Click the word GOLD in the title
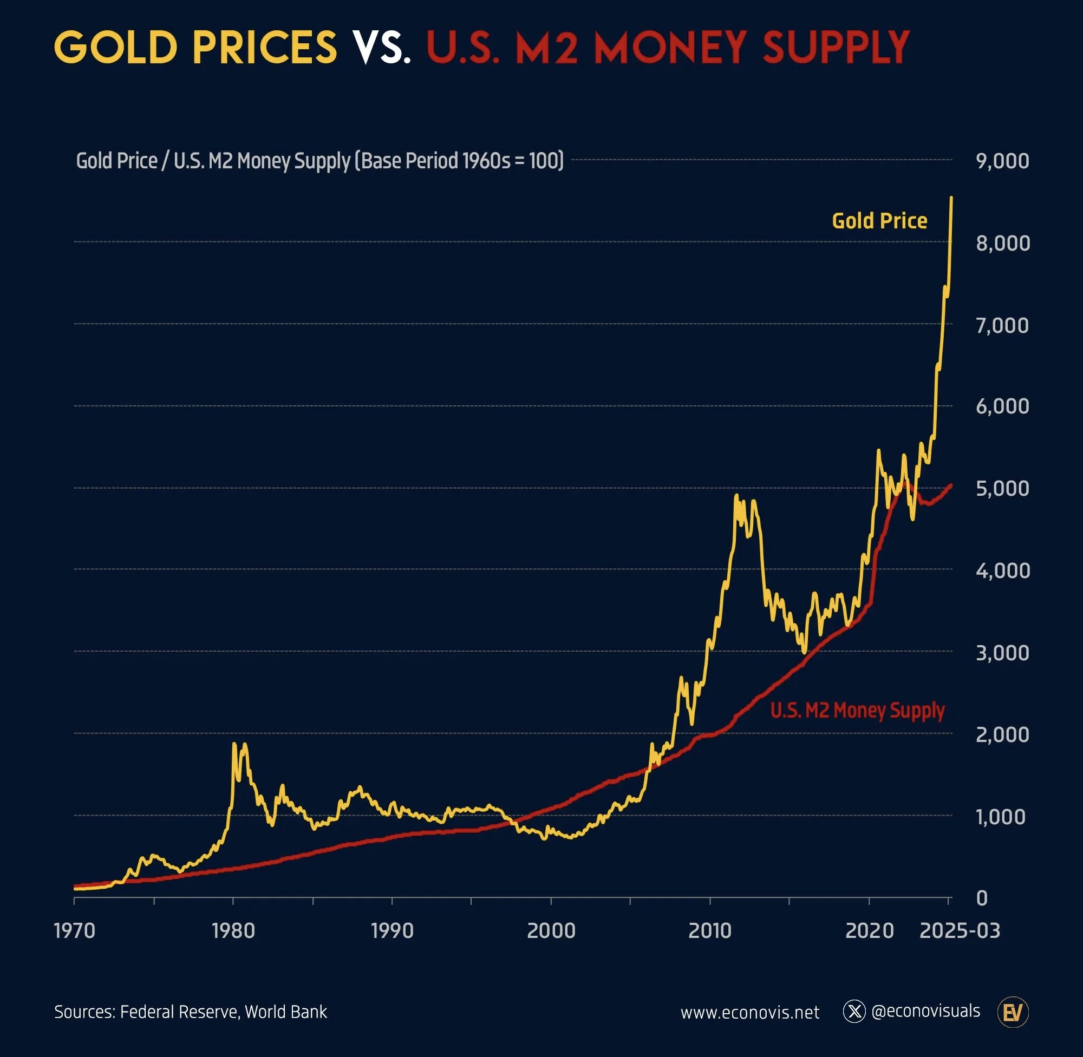click(115, 48)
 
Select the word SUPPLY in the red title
click(836, 48)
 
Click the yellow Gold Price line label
click(879, 221)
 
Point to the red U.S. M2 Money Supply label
click(857, 711)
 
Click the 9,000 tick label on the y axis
click(1002, 161)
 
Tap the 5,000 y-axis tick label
click(1002, 489)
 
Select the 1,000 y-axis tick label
click(1000, 817)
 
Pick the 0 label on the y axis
click(981, 898)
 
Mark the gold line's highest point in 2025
click(951, 198)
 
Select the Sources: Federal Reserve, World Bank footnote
click(191, 1012)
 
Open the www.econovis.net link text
click(750, 1013)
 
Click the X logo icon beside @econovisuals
click(854, 1012)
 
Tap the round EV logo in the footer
click(1013, 1012)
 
